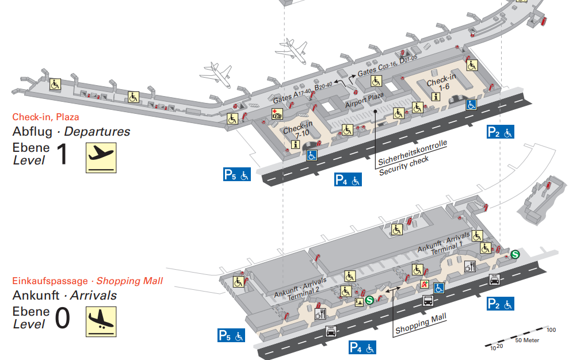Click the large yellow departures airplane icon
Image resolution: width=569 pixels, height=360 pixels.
[x=101, y=158]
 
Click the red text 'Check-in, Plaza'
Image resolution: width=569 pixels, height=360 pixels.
[x=45, y=117]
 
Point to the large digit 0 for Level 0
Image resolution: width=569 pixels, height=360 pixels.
[x=62, y=319]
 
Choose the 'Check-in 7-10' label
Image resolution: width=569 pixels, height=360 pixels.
[x=298, y=129]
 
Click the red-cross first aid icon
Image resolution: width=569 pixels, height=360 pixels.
[x=277, y=113]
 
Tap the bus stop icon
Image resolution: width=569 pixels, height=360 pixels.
[x=428, y=300]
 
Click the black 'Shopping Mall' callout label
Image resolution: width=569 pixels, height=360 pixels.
[x=421, y=324]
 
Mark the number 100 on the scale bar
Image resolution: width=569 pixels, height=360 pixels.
[x=551, y=330]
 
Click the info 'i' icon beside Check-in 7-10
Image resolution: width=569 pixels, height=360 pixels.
[x=296, y=145]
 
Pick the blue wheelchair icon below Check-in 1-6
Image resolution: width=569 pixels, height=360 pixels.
[x=471, y=105]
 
